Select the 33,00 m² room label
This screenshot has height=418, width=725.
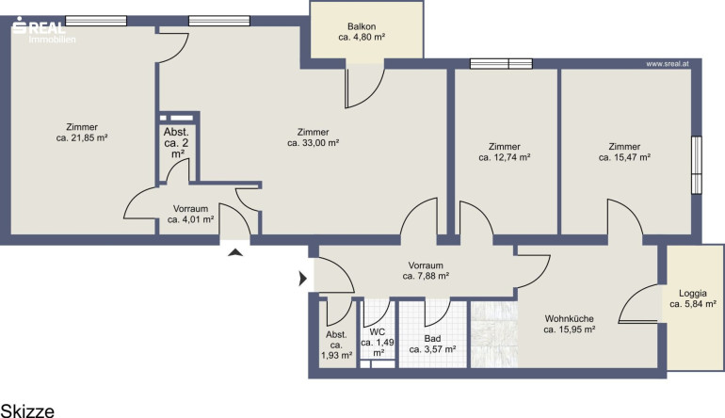[x=313, y=137]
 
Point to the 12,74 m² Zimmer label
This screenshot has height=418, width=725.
[x=505, y=153]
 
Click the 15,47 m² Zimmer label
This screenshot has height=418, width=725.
[x=624, y=153]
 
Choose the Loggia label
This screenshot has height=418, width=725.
[x=693, y=298]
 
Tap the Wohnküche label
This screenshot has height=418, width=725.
[x=570, y=324]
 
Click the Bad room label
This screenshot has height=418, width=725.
[x=432, y=344]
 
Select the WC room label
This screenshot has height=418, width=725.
[x=378, y=343]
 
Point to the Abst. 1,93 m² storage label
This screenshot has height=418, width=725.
[x=337, y=345]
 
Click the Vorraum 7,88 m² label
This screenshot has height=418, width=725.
[x=426, y=271]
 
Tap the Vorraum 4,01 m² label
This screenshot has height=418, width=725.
[x=190, y=214]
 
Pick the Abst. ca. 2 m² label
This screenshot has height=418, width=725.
[x=177, y=143]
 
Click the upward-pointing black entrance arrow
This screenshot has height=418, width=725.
[x=235, y=252]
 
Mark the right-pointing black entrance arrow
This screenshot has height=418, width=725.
[x=303, y=279]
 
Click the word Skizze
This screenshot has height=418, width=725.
[x=27, y=410]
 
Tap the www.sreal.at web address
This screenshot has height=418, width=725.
[x=668, y=64]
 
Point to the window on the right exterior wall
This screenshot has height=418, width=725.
[x=697, y=165]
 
